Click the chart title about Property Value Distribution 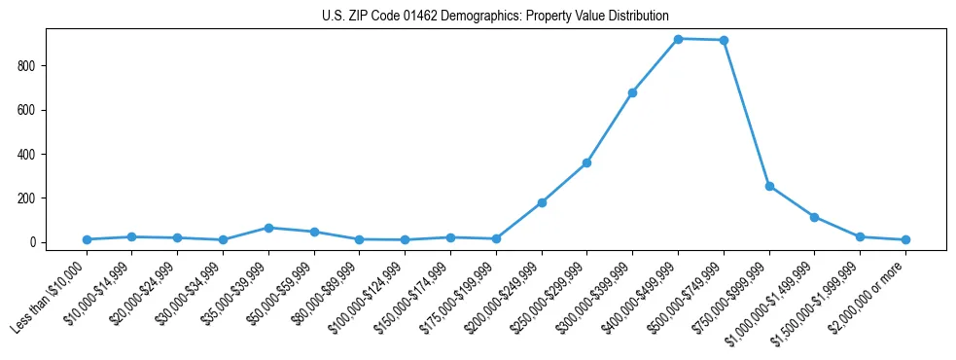pyautogui.click(x=495, y=16)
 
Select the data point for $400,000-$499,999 pyautogui.click(x=678, y=39)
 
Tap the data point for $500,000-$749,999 pyautogui.click(x=724, y=40)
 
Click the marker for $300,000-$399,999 pyautogui.click(x=632, y=92)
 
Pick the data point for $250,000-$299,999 pyautogui.click(x=586, y=162)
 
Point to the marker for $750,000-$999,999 pyautogui.click(x=769, y=186)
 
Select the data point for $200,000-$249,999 pyautogui.click(x=542, y=202)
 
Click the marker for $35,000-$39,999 pyautogui.click(x=268, y=228)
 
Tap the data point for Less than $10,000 pyautogui.click(x=87, y=239)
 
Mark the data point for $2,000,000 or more pyautogui.click(x=905, y=239)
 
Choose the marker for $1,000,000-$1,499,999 pyautogui.click(x=814, y=217)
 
